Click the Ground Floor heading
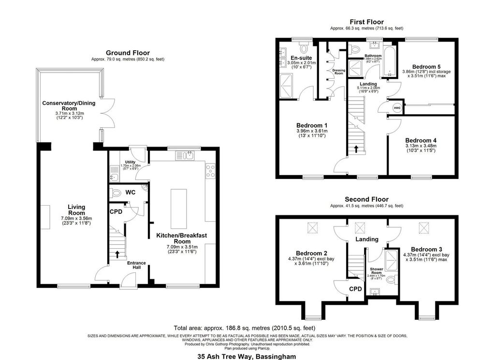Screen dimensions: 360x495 click(128, 53)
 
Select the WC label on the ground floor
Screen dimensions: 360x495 click(130, 193)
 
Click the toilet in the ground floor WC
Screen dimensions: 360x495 click(116, 193)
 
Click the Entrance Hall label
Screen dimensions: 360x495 click(136, 265)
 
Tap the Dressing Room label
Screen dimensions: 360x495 click(339, 72)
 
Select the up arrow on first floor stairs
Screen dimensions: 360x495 click(356, 149)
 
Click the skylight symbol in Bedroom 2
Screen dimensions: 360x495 click(312, 227)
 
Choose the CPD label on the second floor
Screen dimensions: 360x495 click(355, 289)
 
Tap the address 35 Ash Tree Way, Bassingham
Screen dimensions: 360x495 click(247, 356)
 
